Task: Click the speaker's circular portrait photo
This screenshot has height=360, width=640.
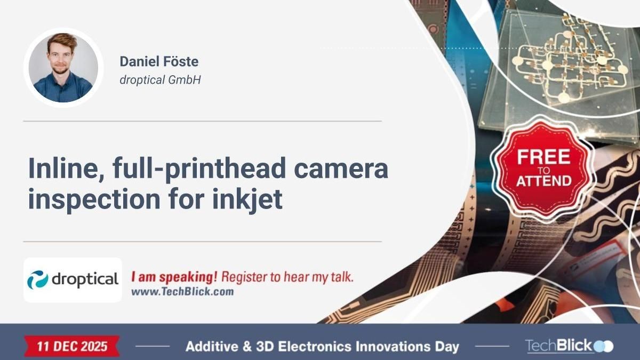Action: [63, 68]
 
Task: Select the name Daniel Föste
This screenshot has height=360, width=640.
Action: [159, 61]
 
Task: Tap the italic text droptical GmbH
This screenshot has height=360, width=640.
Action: [160, 81]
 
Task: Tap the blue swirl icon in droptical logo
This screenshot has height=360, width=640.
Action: [38, 280]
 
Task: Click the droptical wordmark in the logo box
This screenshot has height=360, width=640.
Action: [84, 279]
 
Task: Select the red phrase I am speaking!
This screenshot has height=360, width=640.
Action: [174, 277]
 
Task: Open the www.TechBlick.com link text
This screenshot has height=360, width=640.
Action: [182, 292]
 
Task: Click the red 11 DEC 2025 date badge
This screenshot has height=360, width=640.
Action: [72, 346]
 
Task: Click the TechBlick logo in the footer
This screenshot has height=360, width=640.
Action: [569, 346]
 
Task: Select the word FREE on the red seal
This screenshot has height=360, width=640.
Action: [543, 157]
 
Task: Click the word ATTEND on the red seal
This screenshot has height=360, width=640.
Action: [543, 180]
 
